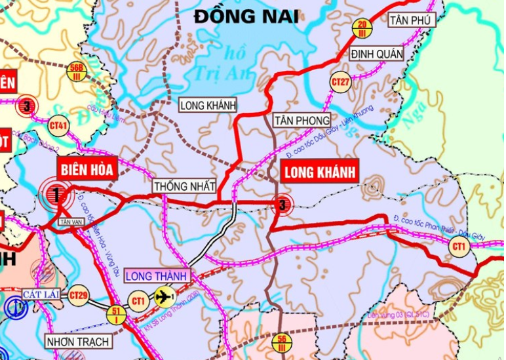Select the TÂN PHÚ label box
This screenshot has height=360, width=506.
(x=412, y=21)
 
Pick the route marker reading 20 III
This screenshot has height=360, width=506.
(x=362, y=28)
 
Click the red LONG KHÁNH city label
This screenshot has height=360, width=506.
(x=319, y=172)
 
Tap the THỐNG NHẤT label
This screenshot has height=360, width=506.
(x=185, y=187)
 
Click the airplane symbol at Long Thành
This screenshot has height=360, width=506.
(x=164, y=297)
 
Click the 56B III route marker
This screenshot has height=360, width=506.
(x=77, y=70)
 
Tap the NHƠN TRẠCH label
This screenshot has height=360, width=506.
(x=77, y=342)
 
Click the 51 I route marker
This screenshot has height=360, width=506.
(x=117, y=315)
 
